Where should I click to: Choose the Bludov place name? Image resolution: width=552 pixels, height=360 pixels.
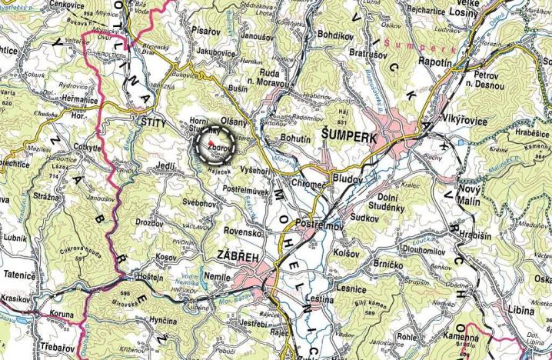(x=347, y=177)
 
